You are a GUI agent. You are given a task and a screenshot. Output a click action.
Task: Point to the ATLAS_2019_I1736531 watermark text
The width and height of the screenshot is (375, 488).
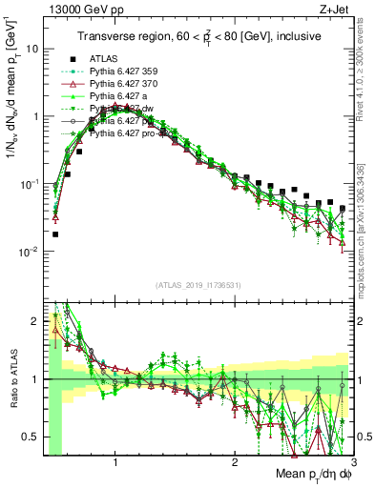[198, 285]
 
